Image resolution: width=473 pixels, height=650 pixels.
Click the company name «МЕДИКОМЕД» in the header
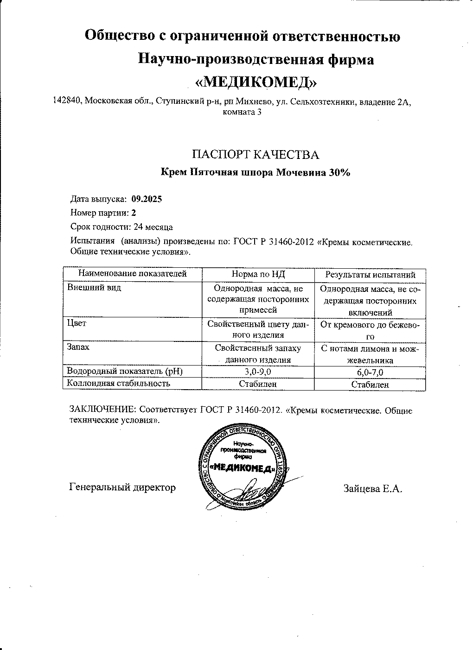(x=256, y=82)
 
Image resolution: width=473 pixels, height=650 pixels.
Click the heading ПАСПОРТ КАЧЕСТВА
(x=256, y=154)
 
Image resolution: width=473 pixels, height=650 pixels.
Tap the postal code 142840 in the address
(x=68, y=101)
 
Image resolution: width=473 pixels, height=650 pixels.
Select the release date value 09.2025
(x=147, y=199)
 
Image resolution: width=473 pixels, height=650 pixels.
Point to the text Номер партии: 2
(x=103, y=213)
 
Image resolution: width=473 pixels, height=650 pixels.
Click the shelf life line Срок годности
(x=121, y=227)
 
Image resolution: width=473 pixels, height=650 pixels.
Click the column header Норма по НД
(x=258, y=274)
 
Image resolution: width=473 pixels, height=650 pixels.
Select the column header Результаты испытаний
(x=370, y=275)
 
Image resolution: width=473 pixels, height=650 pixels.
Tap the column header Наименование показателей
(x=132, y=274)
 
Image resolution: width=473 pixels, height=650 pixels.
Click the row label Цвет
(x=77, y=323)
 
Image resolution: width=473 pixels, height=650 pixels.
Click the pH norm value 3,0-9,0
(x=258, y=372)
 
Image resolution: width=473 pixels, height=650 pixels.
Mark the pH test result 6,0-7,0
(x=370, y=372)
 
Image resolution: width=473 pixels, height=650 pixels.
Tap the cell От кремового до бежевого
(x=370, y=330)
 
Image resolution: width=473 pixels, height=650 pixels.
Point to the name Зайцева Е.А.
(x=372, y=488)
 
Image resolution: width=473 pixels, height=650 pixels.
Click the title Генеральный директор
(x=122, y=487)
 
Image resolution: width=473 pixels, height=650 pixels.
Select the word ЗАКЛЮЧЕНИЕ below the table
(x=102, y=410)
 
